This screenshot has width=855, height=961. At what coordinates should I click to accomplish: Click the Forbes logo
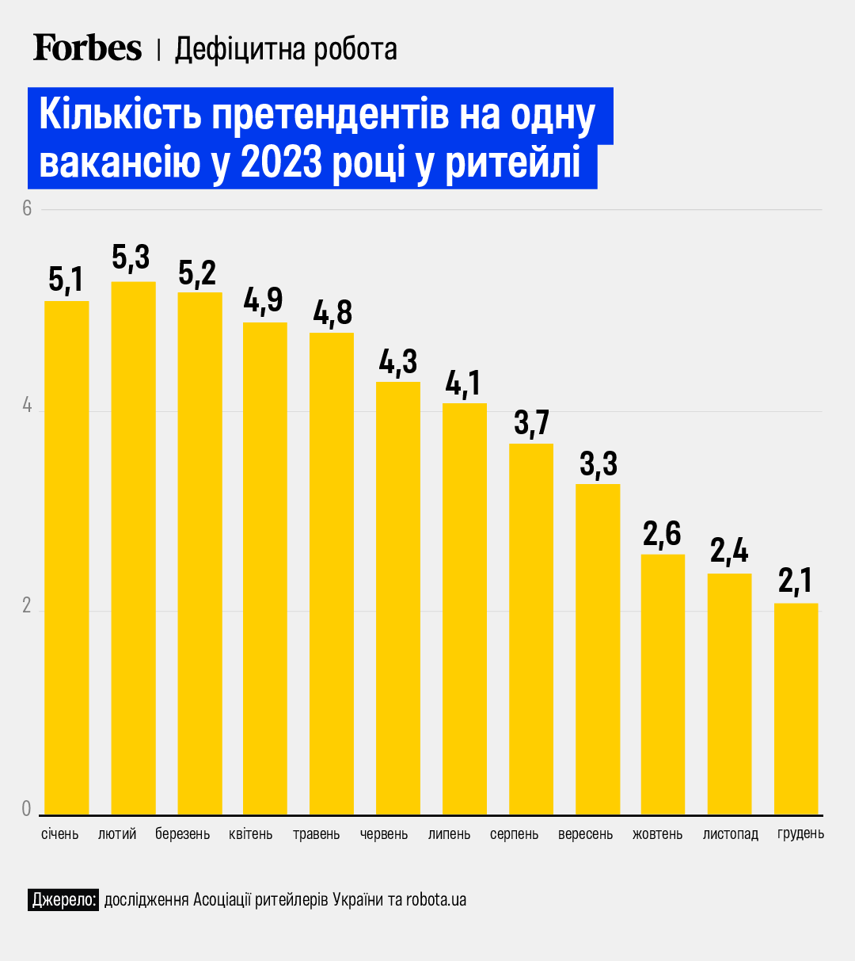[x=87, y=48]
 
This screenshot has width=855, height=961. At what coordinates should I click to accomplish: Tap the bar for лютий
[x=133, y=547]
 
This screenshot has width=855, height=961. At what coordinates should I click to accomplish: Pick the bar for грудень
[x=796, y=708]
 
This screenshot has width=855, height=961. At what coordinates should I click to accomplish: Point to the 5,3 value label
[x=131, y=258]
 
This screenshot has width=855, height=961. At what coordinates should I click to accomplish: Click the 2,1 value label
[x=796, y=581]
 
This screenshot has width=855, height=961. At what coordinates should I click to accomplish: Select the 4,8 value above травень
[x=332, y=312]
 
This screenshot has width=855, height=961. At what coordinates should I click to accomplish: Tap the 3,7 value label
[x=531, y=422]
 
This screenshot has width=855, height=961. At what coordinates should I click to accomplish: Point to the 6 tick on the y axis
[x=26, y=208]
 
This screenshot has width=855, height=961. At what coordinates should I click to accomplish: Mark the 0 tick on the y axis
[x=26, y=808]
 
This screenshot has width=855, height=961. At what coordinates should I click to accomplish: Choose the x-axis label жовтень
[x=657, y=834]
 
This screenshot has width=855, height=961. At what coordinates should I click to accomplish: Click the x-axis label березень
[x=183, y=834]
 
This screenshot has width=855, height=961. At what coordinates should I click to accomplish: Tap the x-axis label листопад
[x=730, y=834]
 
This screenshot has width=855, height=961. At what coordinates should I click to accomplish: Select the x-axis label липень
[x=449, y=834]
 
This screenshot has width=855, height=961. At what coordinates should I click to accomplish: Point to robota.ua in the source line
[x=436, y=899]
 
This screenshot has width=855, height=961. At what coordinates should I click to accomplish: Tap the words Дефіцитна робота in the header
[x=286, y=49]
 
